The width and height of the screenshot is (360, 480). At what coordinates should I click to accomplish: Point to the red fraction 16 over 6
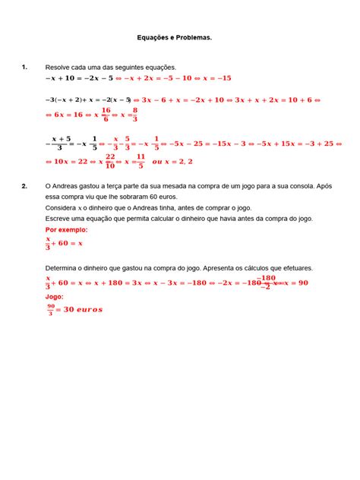click(x=106, y=114)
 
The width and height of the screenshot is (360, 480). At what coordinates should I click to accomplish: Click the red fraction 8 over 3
click(x=135, y=114)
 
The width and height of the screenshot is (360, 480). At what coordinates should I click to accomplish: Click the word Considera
click(x=63, y=207)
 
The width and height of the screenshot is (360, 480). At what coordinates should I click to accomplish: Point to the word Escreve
click(x=60, y=218)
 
